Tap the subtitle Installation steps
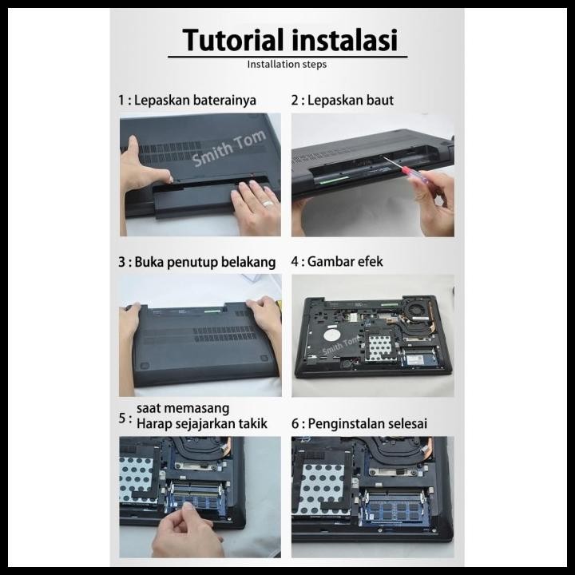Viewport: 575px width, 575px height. pyautogui.click(x=287, y=65)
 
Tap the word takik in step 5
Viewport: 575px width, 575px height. pyautogui.click(x=253, y=424)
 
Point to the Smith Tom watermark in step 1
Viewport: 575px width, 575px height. pyautogui.click(x=229, y=148)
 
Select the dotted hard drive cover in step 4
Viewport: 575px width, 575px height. pyautogui.click(x=380, y=347)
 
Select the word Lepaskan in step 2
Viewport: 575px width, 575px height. pyautogui.click(x=332, y=100)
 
